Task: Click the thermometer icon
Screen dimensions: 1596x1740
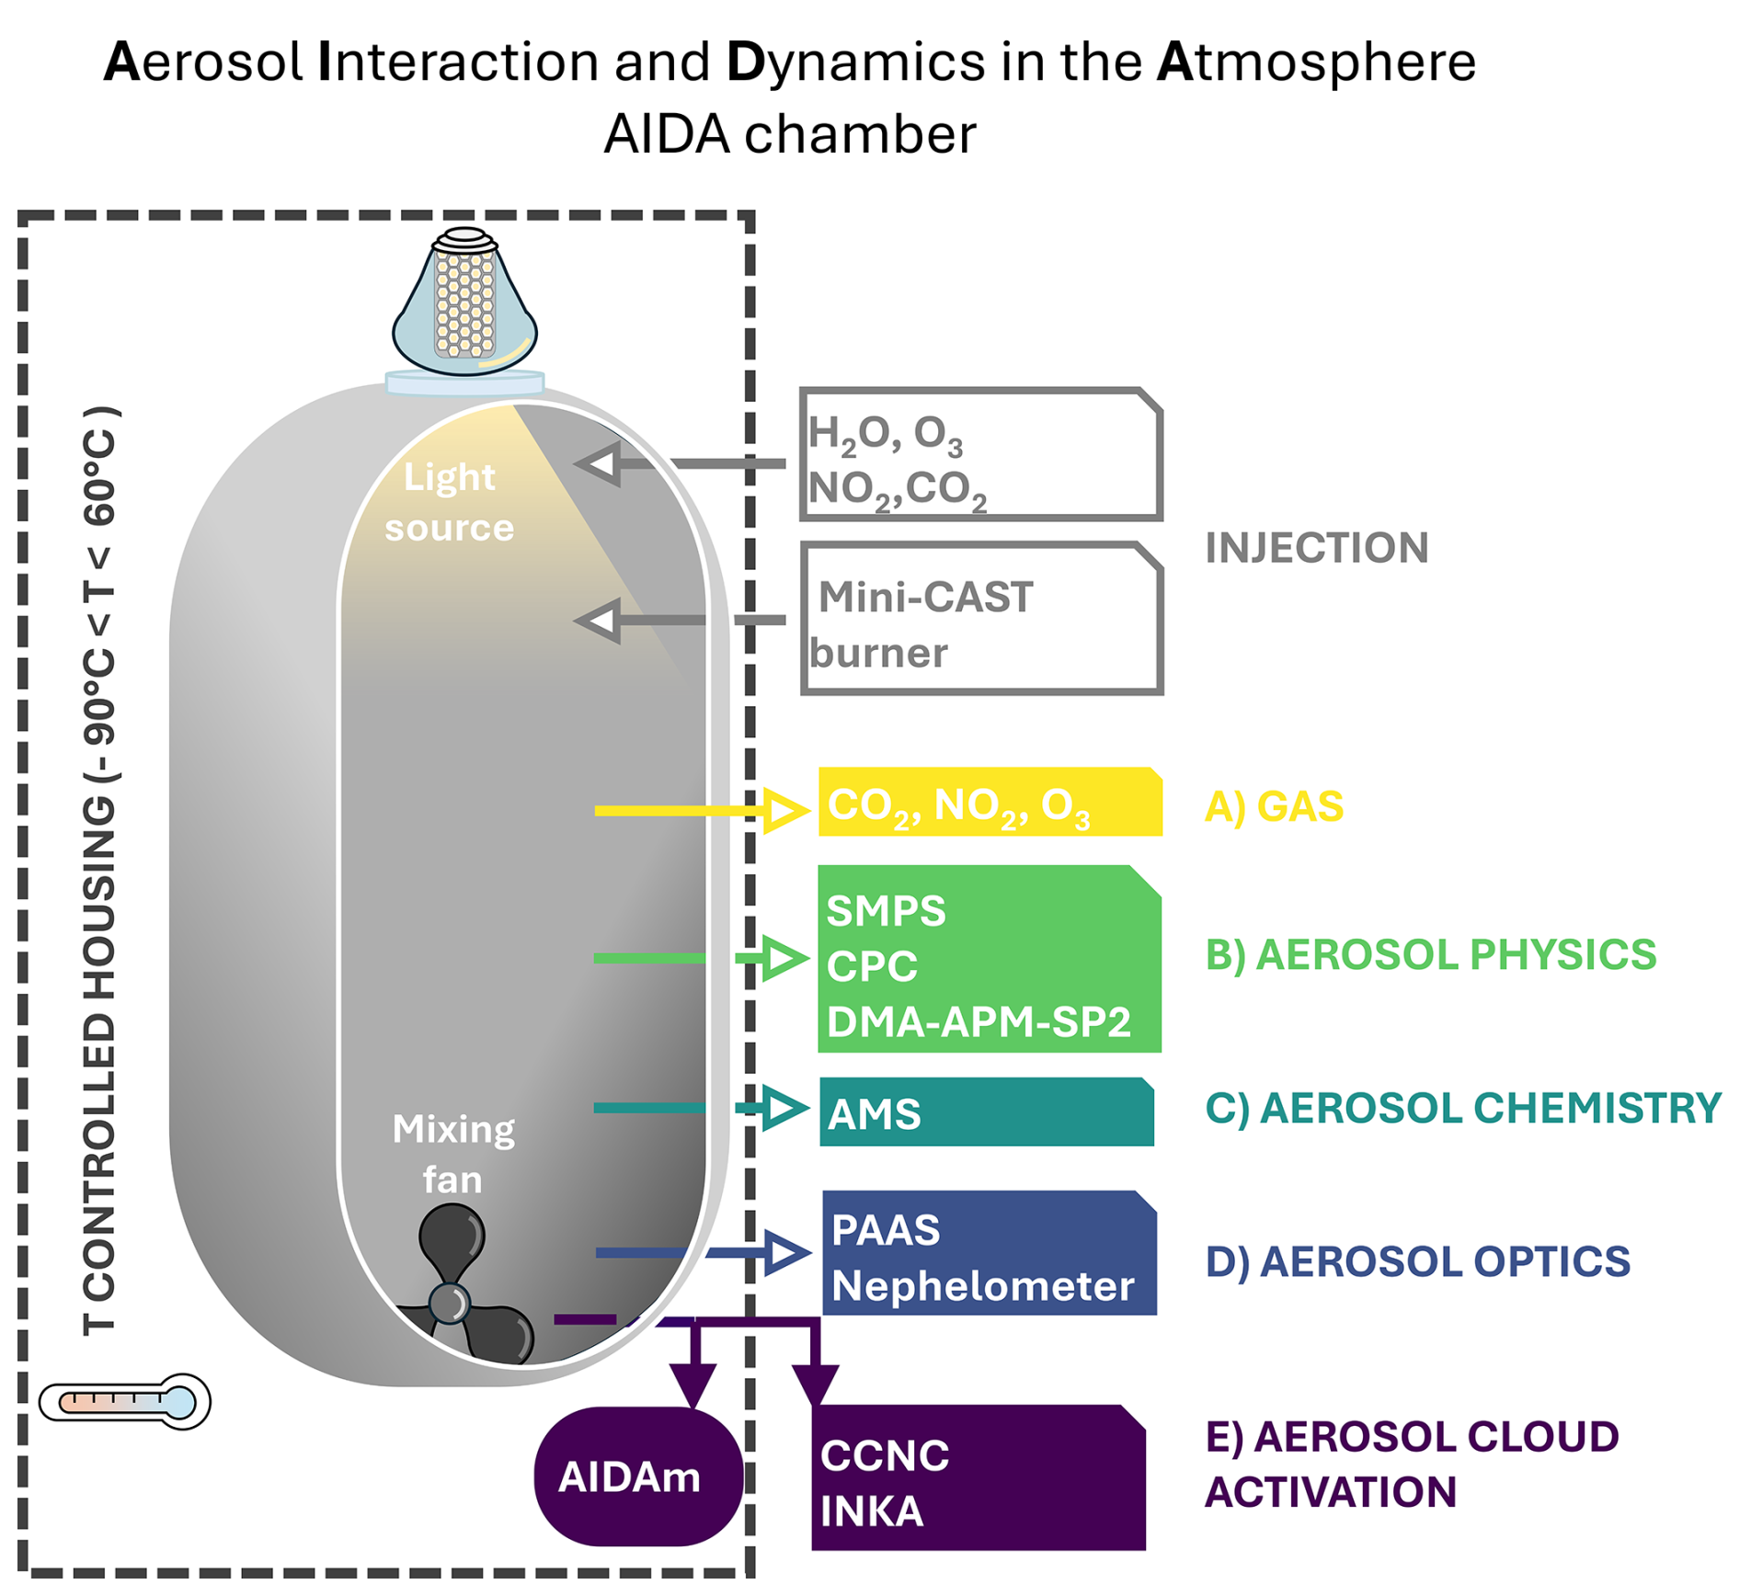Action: point(125,1401)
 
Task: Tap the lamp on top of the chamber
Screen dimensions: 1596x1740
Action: point(464,304)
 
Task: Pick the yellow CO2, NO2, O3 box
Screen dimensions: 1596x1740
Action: point(990,803)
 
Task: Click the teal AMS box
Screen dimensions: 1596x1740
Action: point(986,1111)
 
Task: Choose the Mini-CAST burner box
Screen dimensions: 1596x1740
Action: point(982,619)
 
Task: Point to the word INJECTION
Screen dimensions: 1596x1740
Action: point(1316,548)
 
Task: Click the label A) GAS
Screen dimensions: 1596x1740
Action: point(1274,806)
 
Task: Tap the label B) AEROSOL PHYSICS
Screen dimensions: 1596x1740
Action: point(1430,954)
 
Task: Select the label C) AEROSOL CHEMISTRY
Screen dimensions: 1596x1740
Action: point(1462,1108)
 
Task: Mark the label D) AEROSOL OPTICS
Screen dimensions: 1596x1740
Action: point(1417,1261)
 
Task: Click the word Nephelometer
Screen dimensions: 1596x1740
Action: point(982,1285)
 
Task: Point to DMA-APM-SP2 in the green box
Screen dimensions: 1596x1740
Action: point(979,1021)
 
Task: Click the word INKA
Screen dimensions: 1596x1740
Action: point(871,1511)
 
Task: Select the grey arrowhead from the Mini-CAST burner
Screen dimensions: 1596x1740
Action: point(598,621)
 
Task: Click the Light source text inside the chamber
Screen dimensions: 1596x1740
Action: point(449,502)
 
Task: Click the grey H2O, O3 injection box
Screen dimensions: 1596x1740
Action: point(982,455)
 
